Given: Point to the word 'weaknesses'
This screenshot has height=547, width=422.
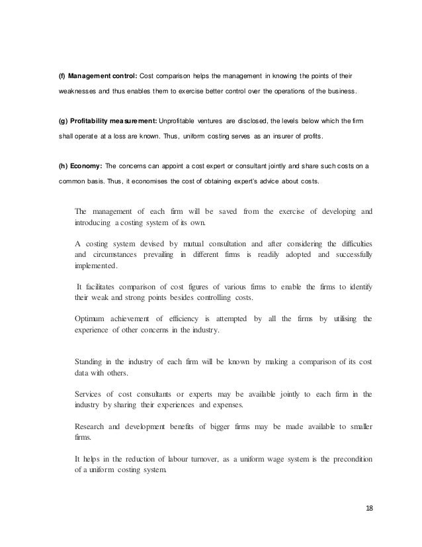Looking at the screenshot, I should [x=74, y=90].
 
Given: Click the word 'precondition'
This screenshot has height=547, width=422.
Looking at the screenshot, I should [x=349, y=459].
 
